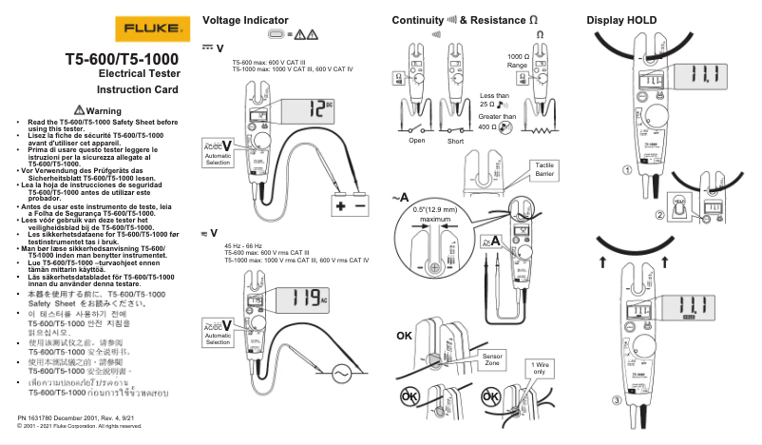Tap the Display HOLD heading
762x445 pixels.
coord(621,20)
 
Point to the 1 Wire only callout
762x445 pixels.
coord(539,368)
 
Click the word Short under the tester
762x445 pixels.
coord(457,141)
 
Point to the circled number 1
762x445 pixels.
coord(626,171)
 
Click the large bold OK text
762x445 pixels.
coord(404,336)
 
